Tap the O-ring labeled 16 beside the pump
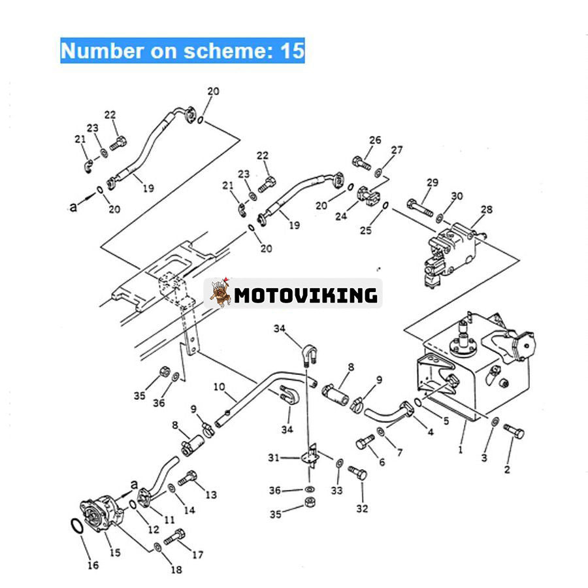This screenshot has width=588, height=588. [76, 527]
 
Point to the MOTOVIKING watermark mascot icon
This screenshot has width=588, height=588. [221, 293]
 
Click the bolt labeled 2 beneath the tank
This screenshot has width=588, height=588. [514, 431]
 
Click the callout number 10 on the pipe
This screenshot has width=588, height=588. [219, 387]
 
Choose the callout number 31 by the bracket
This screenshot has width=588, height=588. [273, 457]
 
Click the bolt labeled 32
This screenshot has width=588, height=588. [357, 472]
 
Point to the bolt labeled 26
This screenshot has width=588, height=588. [362, 160]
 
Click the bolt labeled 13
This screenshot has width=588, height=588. [188, 478]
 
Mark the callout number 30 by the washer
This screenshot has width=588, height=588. [457, 195]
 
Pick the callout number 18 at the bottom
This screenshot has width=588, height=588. [176, 570]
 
